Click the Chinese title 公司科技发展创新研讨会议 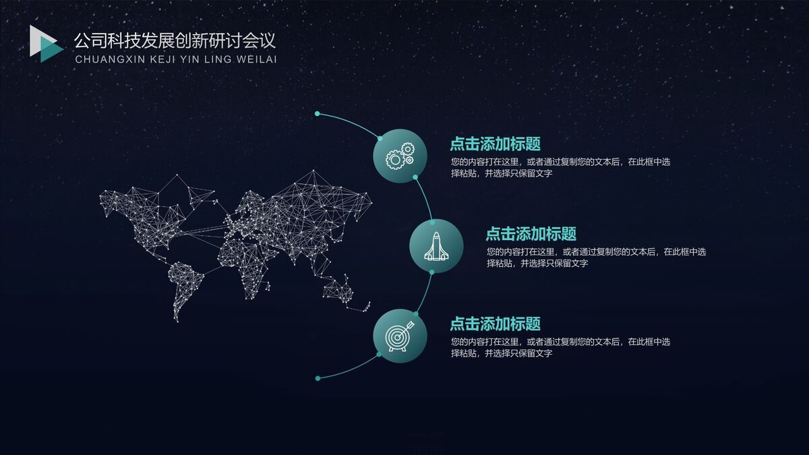pyautogui.click(x=175, y=40)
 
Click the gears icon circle pyautogui.click(x=400, y=156)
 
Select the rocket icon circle pyautogui.click(x=436, y=246)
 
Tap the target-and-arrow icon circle pyautogui.click(x=400, y=336)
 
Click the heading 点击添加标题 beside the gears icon pyautogui.click(x=495, y=144)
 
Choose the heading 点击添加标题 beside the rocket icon pyautogui.click(x=531, y=234)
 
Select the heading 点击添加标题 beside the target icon pyautogui.click(x=495, y=324)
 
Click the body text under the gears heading pyautogui.click(x=560, y=167)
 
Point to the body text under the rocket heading pyautogui.click(x=595, y=257)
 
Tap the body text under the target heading pyautogui.click(x=560, y=347)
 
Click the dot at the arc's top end pyautogui.click(x=317, y=113)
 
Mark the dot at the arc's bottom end pyautogui.click(x=318, y=378)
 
